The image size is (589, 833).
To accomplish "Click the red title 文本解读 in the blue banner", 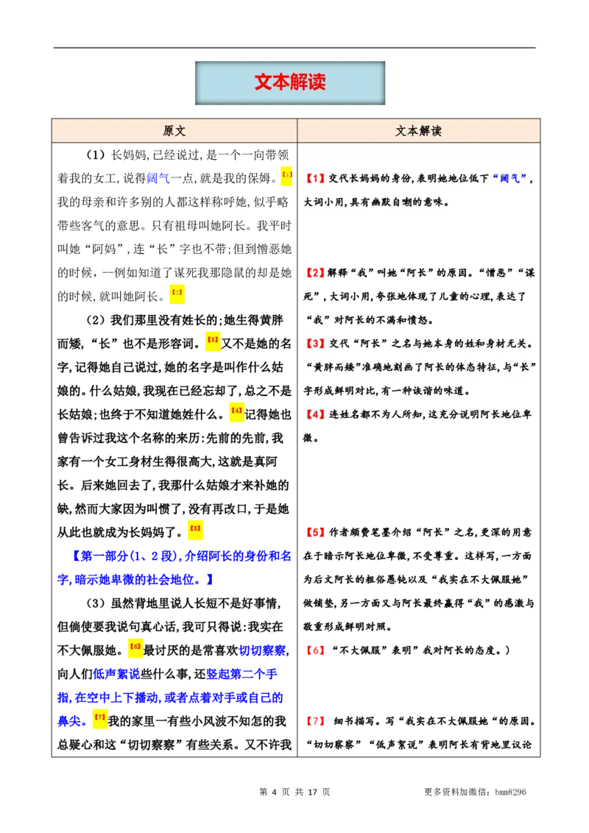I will [x=289, y=82].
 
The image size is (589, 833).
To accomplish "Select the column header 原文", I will [x=174, y=131].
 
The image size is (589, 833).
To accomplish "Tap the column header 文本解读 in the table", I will [x=418, y=131].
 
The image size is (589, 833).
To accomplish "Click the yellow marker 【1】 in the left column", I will [x=286, y=177].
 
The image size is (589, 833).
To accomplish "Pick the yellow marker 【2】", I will [x=177, y=294].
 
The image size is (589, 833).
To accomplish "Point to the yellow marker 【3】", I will [x=212, y=341].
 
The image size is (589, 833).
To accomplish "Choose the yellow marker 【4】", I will [x=236, y=411].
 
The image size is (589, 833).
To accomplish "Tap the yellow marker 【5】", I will [x=194, y=529].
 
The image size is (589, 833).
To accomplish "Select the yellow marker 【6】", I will [x=135, y=647].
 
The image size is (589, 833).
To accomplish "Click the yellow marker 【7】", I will [x=99, y=717].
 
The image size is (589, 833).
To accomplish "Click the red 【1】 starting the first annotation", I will [x=314, y=179].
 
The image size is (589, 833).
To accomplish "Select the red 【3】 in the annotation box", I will [x=314, y=344].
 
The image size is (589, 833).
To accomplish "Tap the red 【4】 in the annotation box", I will [x=314, y=414].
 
